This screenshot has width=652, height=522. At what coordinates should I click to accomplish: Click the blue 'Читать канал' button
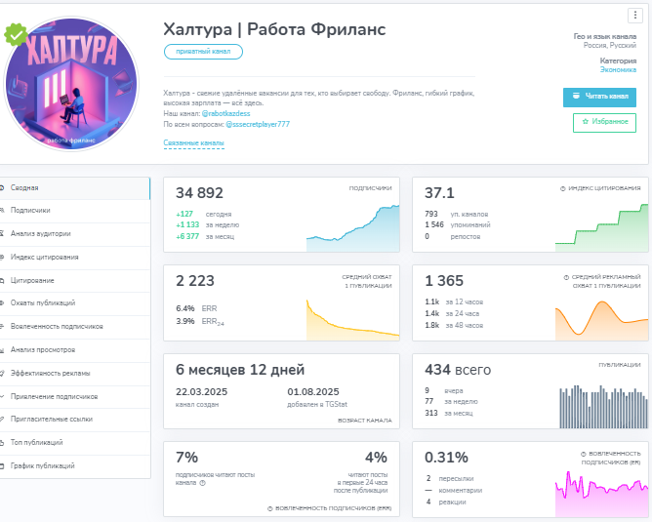coord(599,97)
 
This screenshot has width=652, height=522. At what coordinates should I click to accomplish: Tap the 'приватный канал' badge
coord(203,52)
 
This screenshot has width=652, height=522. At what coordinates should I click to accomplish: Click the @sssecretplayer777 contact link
coord(258,124)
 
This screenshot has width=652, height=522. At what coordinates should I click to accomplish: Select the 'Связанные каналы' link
coord(193,143)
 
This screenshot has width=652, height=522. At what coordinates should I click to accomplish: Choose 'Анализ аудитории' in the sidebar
coord(40,234)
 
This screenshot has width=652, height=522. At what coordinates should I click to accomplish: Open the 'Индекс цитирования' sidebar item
coord(44,258)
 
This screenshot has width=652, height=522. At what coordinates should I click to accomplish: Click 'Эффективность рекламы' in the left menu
coord(50,373)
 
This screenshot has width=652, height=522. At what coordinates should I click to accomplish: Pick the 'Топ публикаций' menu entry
coord(37,443)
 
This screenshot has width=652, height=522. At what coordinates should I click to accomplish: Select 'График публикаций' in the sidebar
coord(42,465)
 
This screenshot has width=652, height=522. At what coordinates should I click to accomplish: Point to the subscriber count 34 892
coord(200,193)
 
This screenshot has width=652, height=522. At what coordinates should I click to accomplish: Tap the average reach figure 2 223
coord(194,281)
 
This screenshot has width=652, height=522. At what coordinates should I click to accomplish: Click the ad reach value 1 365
coord(444,281)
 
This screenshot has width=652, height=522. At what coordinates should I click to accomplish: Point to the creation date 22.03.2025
coord(199,392)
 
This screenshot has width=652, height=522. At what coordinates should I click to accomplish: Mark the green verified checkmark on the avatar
coord(16,36)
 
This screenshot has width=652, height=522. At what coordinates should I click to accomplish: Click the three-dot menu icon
coord(634,15)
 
